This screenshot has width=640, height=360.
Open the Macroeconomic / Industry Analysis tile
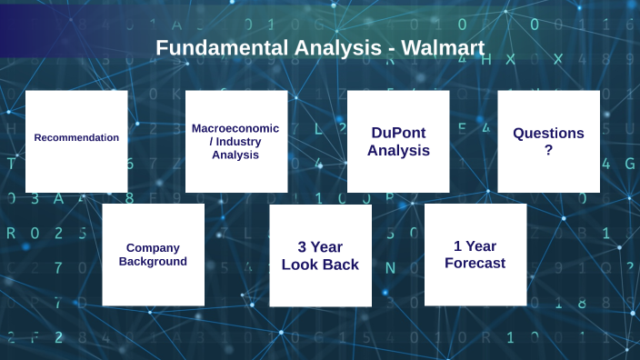tap(236, 141)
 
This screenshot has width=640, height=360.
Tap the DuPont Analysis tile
tap(398, 141)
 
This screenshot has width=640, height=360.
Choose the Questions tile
tap(548, 141)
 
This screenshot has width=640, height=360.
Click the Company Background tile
tap(154, 255)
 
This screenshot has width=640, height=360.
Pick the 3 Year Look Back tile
tap(320, 255)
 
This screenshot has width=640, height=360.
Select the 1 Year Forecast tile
tap(475, 255)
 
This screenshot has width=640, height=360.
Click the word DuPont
tap(398, 133)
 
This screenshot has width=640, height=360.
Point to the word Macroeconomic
tap(235, 128)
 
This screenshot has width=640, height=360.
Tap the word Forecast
tap(475, 264)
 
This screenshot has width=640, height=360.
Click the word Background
tap(154, 262)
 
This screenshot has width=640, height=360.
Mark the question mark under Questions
tap(548, 151)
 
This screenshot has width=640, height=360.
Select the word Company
tap(154, 247)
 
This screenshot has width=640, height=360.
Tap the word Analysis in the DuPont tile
tap(398, 151)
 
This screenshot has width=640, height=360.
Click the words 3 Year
tap(320, 246)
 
